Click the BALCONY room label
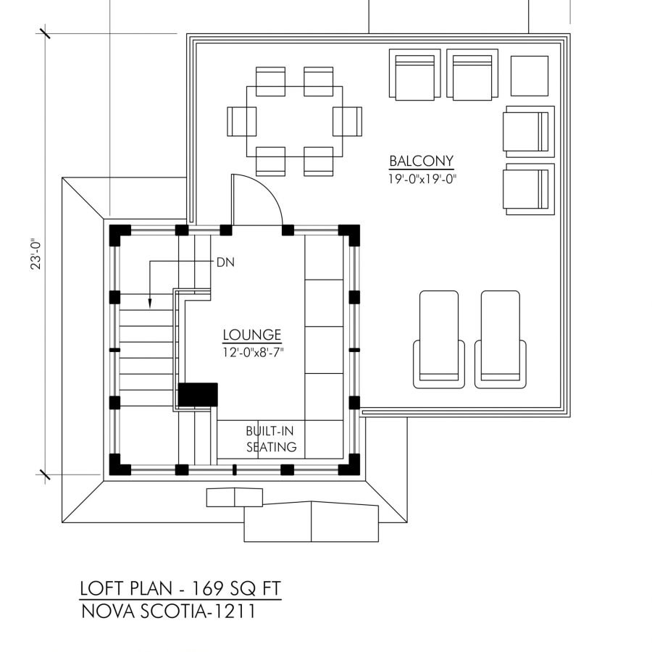coord(421,161)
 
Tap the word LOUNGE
coord(251,335)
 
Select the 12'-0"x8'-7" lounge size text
coord(251,352)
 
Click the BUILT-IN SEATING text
coord(272,438)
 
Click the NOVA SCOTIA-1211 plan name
coord(168,612)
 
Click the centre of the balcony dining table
coord(293,121)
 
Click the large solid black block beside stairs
coord(198,395)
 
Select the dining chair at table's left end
coord(242,120)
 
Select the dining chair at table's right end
coord(347,120)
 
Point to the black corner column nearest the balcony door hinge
coord(226,231)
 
